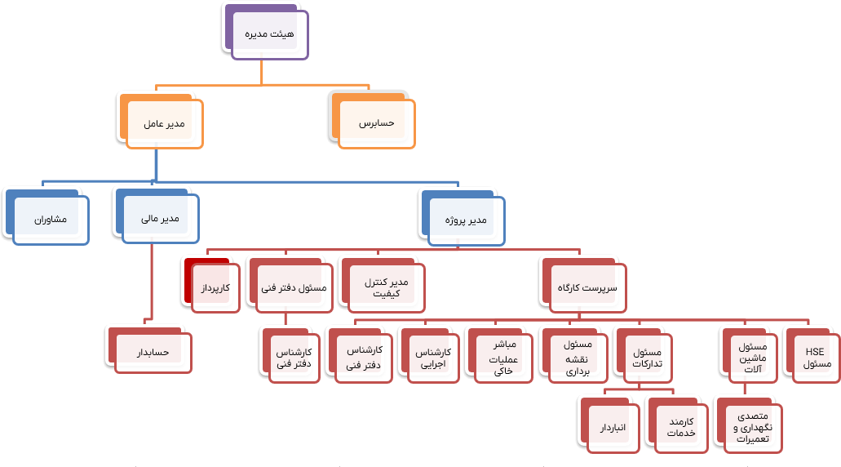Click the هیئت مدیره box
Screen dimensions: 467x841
pyautogui.click(x=269, y=35)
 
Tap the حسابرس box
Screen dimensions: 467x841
pyautogui.click(x=376, y=124)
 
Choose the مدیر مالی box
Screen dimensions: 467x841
pyautogui.click(x=159, y=220)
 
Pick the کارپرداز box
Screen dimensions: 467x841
pyautogui.click(x=215, y=288)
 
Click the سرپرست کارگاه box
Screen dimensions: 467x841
pyautogui.click(x=587, y=288)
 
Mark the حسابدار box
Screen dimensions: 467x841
pyautogui.click(x=153, y=353)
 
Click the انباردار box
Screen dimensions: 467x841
pyautogui.click(x=611, y=427)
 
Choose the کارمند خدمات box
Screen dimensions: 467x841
pyautogui.click(x=679, y=427)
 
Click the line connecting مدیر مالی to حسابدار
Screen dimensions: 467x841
pyautogui.click(x=152, y=278)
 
